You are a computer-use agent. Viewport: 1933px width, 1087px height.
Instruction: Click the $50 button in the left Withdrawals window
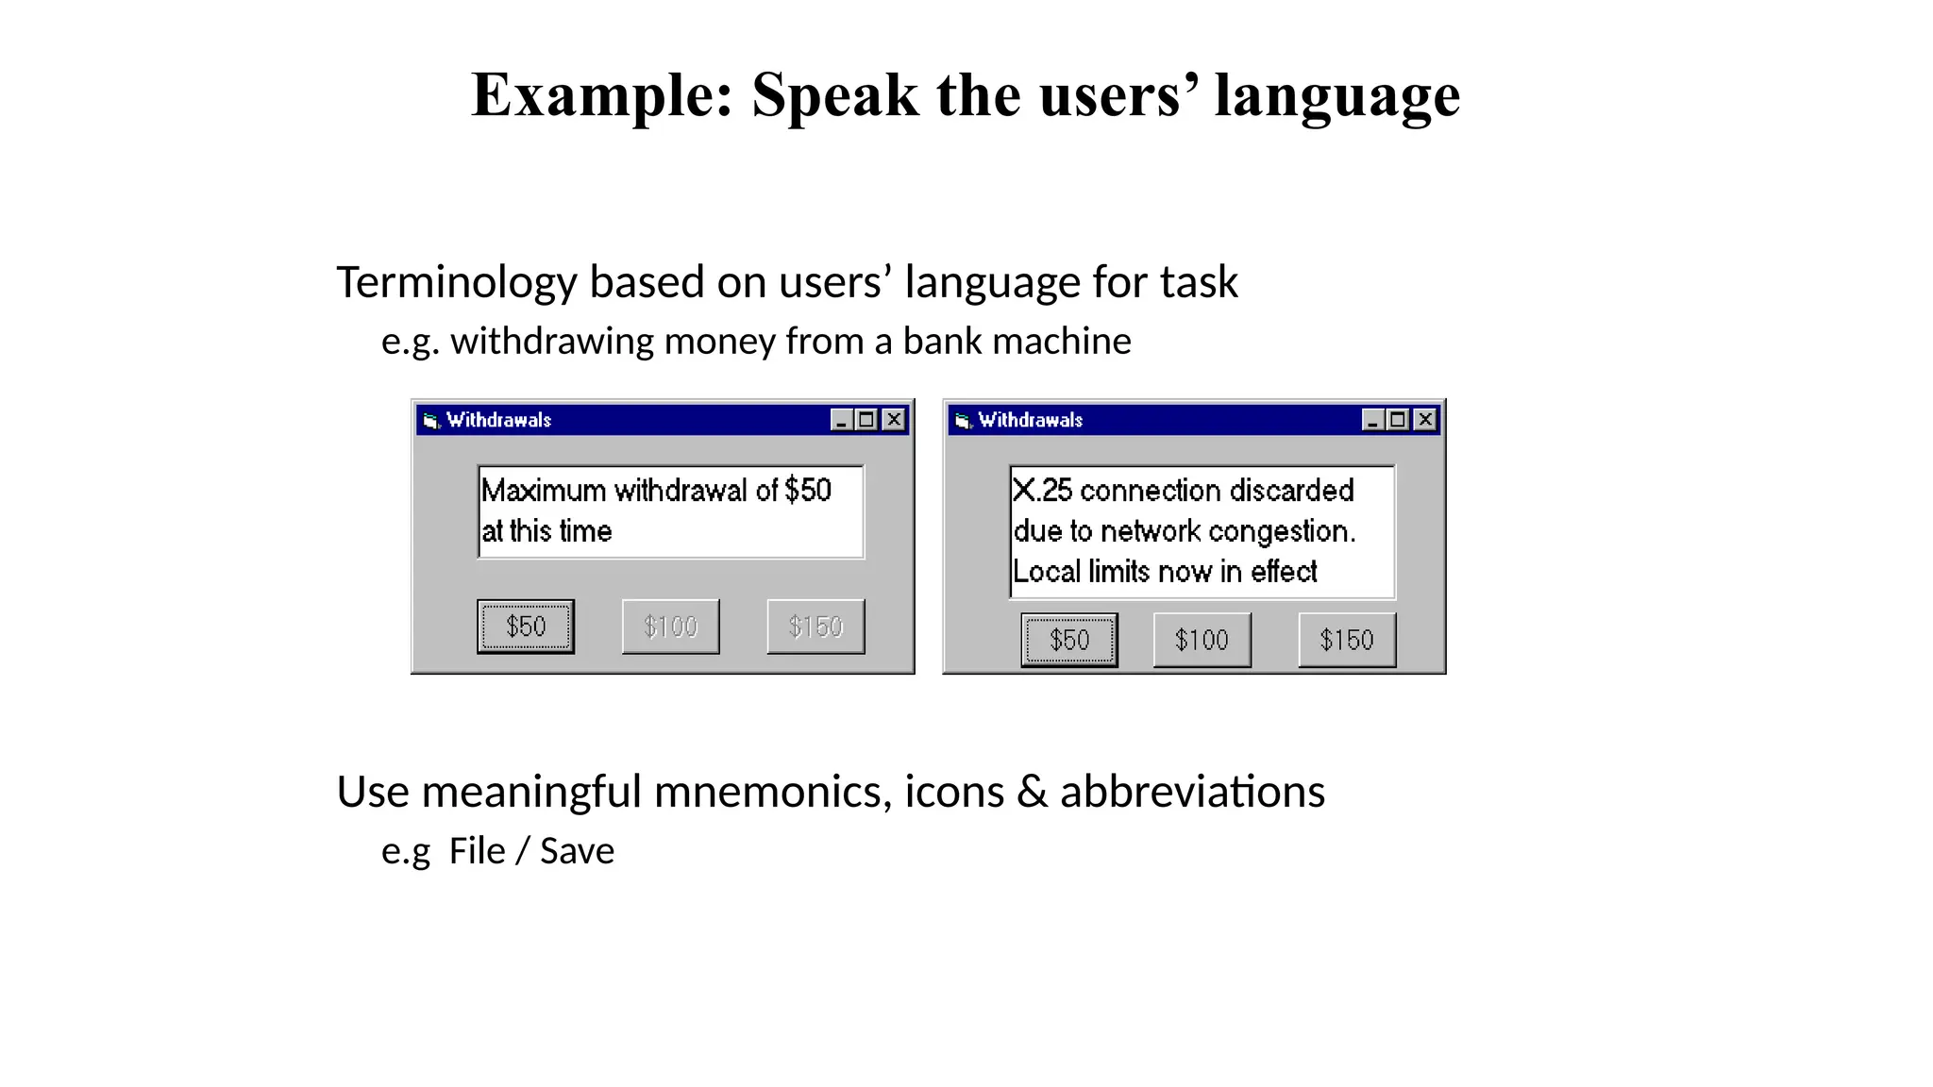(526, 627)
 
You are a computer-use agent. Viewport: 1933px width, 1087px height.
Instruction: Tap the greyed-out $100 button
(670, 627)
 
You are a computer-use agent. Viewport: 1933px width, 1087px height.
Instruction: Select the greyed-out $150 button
(815, 627)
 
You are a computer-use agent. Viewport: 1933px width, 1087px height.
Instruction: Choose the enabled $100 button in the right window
(1202, 641)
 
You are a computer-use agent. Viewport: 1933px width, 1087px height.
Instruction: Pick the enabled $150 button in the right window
(1347, 641)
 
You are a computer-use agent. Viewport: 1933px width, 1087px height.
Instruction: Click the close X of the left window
(893, 420)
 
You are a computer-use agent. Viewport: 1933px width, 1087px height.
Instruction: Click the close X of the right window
(1425, 420)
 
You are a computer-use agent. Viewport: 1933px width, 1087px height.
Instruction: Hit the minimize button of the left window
(841, 420)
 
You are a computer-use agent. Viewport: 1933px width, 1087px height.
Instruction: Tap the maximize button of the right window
(1399, 420)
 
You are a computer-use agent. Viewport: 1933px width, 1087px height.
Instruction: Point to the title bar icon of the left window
(431, 421)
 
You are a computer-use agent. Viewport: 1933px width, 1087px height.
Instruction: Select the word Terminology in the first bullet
(456, 282)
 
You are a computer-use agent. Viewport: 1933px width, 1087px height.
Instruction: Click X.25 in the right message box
(1042, 491)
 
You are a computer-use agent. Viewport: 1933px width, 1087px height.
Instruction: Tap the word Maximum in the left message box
(544, 491)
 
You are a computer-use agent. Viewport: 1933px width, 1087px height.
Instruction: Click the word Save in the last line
(577, 851)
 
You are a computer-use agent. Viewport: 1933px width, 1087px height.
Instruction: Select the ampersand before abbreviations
(1032, 792)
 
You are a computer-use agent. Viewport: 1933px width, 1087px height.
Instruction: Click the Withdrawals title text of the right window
(1030, 420)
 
